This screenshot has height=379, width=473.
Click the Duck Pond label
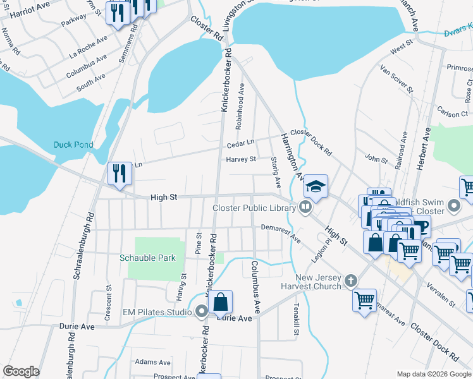click(x=73, y=145)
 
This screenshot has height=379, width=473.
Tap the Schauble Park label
click(x=148, y=258)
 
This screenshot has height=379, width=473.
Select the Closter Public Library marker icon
click(x=306, y=207)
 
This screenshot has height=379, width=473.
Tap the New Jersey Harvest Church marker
click(x=351, y=280)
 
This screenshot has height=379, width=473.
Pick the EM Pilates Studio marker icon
click(x=202, y=311)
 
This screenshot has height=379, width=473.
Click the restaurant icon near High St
click(x=118, y=173)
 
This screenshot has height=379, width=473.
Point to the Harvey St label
click(x=241, y=159)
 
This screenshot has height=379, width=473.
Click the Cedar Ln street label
click(x=240, y=143)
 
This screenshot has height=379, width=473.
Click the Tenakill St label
click(x=295, y=318)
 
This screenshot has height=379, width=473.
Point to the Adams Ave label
click(x=152, y=363)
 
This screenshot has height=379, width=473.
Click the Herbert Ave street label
click(x=427, y=147)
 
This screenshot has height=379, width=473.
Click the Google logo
click(x=21, y=372)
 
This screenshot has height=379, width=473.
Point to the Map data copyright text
click(x=434, y=374)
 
